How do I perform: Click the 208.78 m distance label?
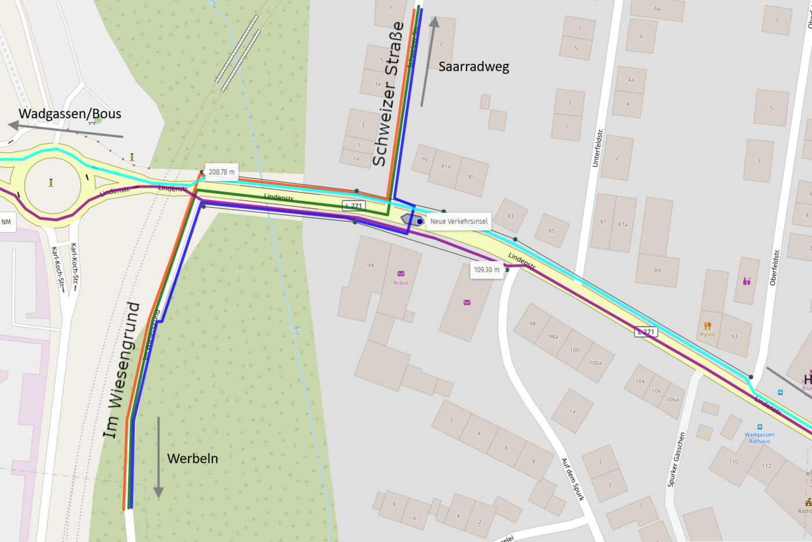[222, 172]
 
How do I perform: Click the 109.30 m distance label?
[487, 270]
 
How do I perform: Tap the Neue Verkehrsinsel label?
[459, 221]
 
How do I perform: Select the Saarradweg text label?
[473, 67]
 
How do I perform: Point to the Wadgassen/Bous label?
[70, 114]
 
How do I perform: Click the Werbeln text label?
[193, 458]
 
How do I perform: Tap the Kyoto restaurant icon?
[707, 326]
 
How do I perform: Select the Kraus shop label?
[401, 283]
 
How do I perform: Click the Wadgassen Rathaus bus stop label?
[759, 438]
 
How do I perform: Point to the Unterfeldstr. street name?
[597, 148]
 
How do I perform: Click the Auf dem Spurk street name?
[572, 479]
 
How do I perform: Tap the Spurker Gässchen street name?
[676, 459]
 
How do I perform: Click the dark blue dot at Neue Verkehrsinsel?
[420, 222]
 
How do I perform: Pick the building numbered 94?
[371, 265]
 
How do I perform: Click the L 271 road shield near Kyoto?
[646, 332]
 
